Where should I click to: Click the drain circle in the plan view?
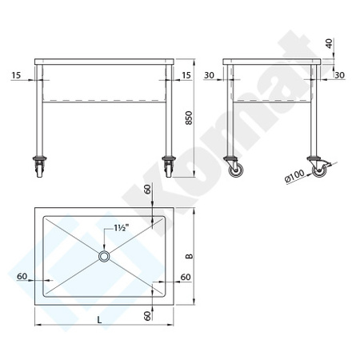(x=105, y=256)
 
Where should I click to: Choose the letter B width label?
(x=190, y=257)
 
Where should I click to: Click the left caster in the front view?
(x=40, y=167)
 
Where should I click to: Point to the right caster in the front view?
(x=169, y=167)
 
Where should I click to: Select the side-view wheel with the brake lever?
(x=322, y=170)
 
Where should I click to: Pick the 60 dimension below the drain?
(x=147, y=315)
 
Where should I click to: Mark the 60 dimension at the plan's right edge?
(x=186, y=276)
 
